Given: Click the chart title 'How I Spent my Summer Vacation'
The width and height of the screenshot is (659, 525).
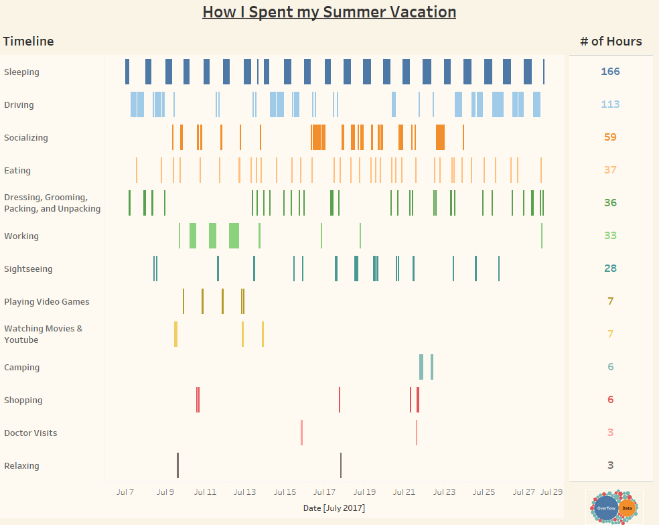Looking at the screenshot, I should point(329,12).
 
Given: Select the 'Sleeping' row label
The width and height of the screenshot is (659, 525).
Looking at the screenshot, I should point(21,72).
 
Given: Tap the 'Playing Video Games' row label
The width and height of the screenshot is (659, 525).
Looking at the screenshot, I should point(46,301).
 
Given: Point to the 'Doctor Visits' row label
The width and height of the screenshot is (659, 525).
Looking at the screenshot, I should point(30,433).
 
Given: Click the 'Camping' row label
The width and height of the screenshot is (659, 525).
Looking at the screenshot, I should point(21,367).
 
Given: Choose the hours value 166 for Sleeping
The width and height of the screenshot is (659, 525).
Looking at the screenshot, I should point(610,72).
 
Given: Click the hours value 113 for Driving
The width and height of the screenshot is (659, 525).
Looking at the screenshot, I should point(610,104).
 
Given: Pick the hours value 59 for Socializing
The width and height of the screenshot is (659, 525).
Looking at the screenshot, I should point(610,137).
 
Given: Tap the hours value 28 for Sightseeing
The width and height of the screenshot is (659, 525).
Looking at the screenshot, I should point(610,269).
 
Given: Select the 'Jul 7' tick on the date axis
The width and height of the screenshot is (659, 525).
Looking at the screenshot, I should point(125,492).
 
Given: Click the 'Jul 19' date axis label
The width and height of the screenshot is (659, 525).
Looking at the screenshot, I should point(364,492).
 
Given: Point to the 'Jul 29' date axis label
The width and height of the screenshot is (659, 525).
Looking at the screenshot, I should point(551,492).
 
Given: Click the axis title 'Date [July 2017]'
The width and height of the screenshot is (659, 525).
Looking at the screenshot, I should point(334,508).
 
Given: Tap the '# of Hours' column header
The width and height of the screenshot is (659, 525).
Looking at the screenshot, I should point(610,42).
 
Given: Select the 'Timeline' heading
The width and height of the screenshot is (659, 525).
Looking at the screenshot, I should point(28,42).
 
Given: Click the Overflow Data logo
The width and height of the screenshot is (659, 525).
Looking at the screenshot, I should point(614,507).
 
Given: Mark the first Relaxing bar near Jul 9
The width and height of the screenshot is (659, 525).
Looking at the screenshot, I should point(177,465).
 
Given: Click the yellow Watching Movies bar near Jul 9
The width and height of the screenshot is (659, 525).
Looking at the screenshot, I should point(175,334).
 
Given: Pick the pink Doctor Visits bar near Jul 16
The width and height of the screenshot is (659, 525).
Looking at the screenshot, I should point(301,433).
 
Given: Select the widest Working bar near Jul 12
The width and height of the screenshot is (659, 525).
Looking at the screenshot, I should point(234,236).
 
